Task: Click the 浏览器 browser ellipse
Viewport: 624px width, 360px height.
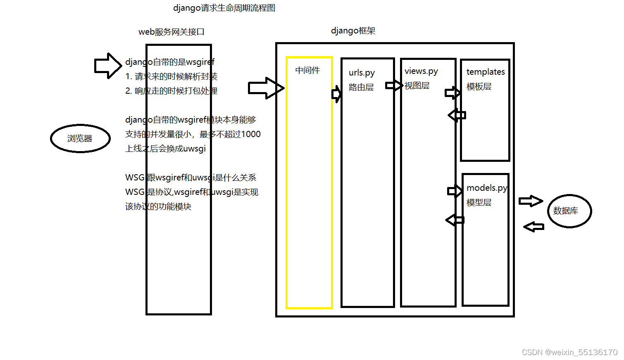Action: [x=80, y=139]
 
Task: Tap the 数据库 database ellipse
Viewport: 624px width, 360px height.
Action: [x=569, y=211]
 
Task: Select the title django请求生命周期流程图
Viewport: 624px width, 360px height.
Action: [x=224, y=8]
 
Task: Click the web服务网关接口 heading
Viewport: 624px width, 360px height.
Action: [x=171, y=32]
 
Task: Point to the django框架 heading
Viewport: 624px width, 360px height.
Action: [x=353, y=31]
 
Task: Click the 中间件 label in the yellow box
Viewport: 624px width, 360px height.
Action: [x=307, y=71]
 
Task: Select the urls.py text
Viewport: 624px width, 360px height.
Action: [x=362, y=73]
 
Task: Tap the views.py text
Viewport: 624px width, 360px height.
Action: [x=421, y=71]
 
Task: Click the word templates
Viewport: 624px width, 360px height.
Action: [x=486, y=72]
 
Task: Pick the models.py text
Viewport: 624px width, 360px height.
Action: [x=487, y=188]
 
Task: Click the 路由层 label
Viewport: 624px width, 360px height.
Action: [x=361, y=88]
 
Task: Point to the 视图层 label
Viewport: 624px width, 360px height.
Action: [x=417, y=86]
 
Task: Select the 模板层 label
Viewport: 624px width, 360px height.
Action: [x=479, y=87]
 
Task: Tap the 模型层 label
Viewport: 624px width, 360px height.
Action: [x=479, y=203]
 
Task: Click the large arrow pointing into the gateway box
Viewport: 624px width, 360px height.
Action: [x=108, y=66]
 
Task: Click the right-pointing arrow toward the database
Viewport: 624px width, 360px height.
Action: [x=531, y=201]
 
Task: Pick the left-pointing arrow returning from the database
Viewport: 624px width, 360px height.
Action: [x=534, y=227]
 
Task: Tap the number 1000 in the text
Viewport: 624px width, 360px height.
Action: [x=250, y=135]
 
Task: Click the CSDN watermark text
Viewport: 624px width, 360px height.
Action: [x=569, y=352]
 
